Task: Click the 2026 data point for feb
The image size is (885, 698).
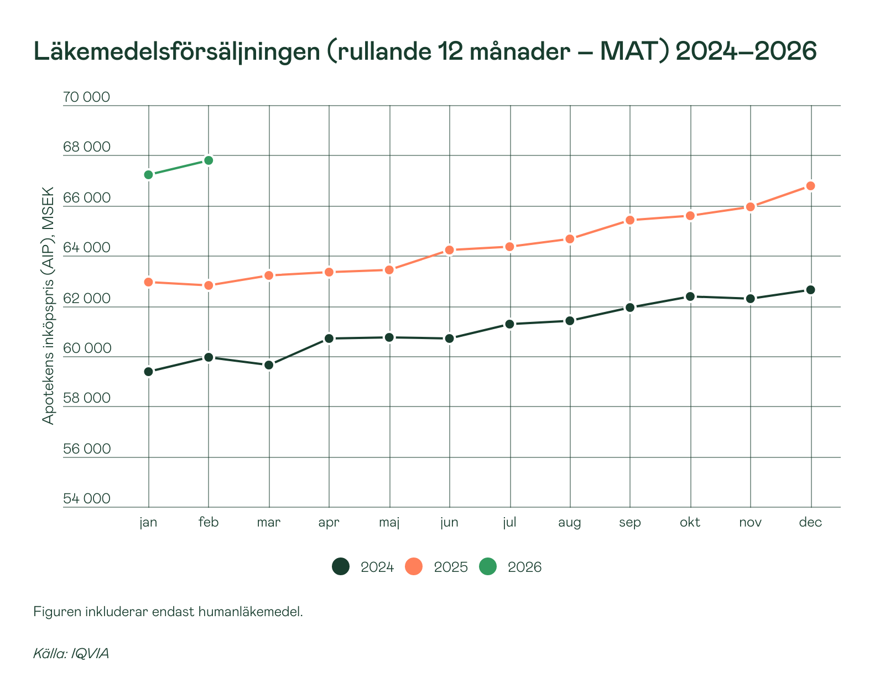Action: click(209, 160)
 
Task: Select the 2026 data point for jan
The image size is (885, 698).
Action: click(148, 175)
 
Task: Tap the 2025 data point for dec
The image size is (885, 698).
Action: click(810, 186)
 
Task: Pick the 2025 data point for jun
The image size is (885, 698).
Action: click(449, 250)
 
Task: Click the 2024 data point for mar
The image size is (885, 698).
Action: click(269, 365)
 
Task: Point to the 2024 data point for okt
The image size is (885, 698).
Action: click(690, 296)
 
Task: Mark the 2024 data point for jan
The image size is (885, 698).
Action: click(148, 372)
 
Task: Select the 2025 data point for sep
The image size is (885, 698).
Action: click(629, 220)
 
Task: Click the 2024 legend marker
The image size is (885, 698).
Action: click(341, 567)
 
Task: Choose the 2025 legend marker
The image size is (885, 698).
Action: click(414, 567)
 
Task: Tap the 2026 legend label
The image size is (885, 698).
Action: click(524, 567)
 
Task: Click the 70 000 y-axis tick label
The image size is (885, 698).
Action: click(86, 97)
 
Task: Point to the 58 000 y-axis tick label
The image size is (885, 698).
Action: click(86, 398)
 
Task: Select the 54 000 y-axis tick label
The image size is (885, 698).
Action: click(86, 499)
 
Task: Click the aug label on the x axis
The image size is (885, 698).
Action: click(569, 523)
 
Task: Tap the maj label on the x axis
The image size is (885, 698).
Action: click(389, 523)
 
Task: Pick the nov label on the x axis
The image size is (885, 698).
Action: click(750, 523)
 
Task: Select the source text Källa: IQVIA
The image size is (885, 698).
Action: click(71, 653)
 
